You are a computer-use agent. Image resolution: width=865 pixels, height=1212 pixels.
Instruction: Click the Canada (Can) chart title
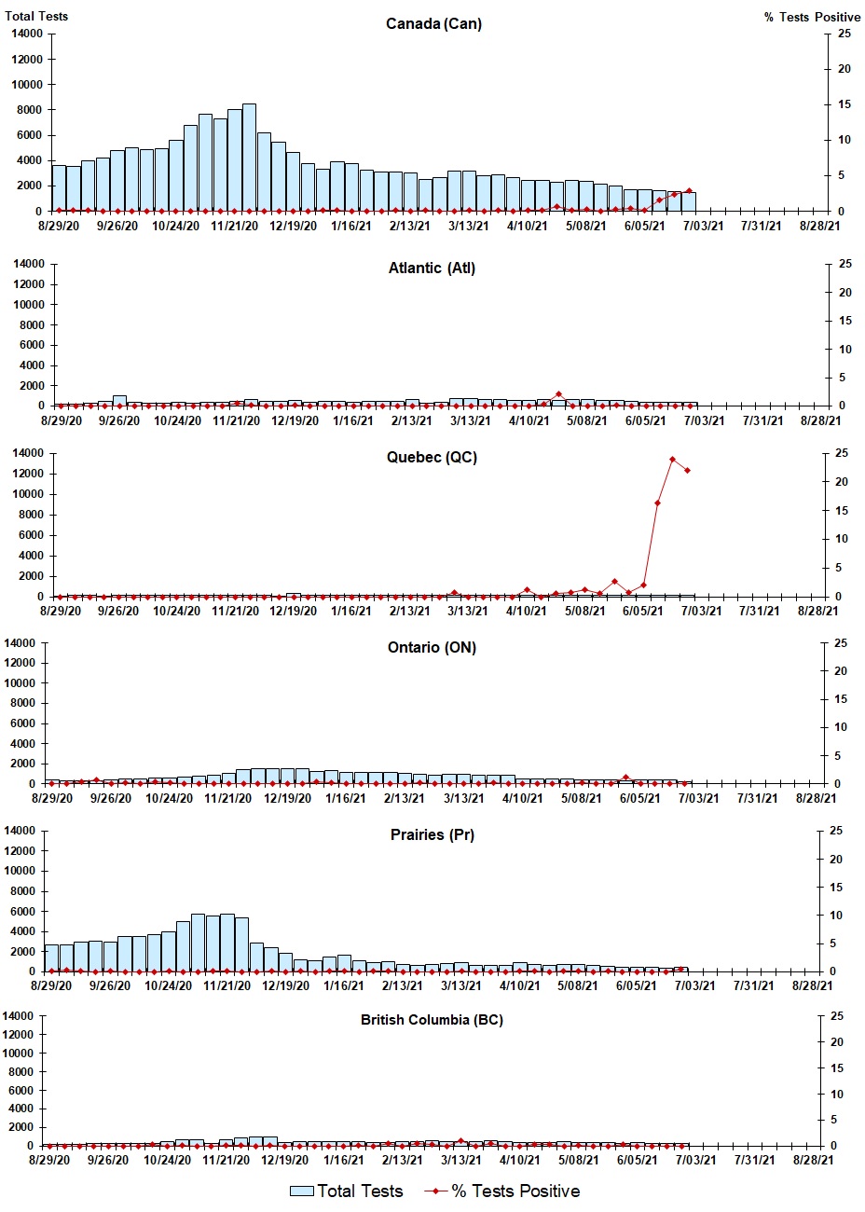433,24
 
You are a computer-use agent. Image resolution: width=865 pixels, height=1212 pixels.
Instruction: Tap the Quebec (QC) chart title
432,458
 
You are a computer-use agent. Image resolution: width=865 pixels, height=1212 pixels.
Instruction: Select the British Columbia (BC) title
432,1020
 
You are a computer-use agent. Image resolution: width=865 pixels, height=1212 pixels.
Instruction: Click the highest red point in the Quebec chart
672,459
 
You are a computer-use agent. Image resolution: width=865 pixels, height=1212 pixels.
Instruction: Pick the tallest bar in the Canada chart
249,157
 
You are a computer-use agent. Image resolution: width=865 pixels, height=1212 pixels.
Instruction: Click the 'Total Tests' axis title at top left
36,16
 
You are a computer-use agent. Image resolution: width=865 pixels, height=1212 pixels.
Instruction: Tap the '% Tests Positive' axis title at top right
812,17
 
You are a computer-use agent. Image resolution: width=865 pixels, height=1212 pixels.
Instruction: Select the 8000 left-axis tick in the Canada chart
29,110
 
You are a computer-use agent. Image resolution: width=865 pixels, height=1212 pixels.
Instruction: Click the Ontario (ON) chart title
432,648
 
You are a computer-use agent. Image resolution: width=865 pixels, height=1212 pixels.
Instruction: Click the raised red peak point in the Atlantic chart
558,394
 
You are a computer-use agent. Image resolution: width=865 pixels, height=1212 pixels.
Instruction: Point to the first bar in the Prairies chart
51,957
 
